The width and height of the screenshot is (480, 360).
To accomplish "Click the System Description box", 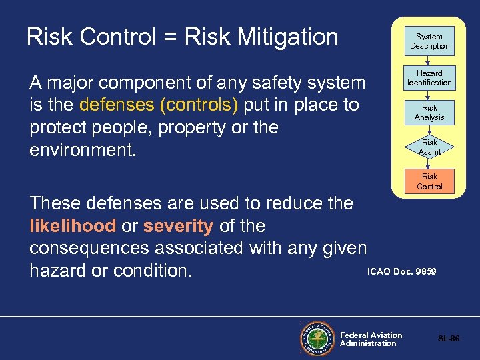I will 429,41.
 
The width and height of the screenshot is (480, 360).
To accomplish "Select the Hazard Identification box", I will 429,78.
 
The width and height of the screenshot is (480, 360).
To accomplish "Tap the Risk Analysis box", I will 429,113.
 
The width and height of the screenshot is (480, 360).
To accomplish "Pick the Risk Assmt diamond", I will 429,147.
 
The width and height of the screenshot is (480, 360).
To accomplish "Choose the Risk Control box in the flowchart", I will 429,181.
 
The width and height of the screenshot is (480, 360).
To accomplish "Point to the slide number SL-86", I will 449,339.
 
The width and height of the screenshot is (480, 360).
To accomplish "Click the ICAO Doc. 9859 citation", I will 402,271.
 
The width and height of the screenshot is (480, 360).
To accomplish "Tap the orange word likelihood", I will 73,226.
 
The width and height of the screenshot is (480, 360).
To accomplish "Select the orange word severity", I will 178,226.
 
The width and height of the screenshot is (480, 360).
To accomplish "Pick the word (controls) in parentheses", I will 201,105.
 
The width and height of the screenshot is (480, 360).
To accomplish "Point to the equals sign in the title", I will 169,37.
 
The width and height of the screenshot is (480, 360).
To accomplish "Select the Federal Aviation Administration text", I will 371,339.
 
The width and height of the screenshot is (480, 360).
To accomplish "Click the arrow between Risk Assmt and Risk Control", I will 429,163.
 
